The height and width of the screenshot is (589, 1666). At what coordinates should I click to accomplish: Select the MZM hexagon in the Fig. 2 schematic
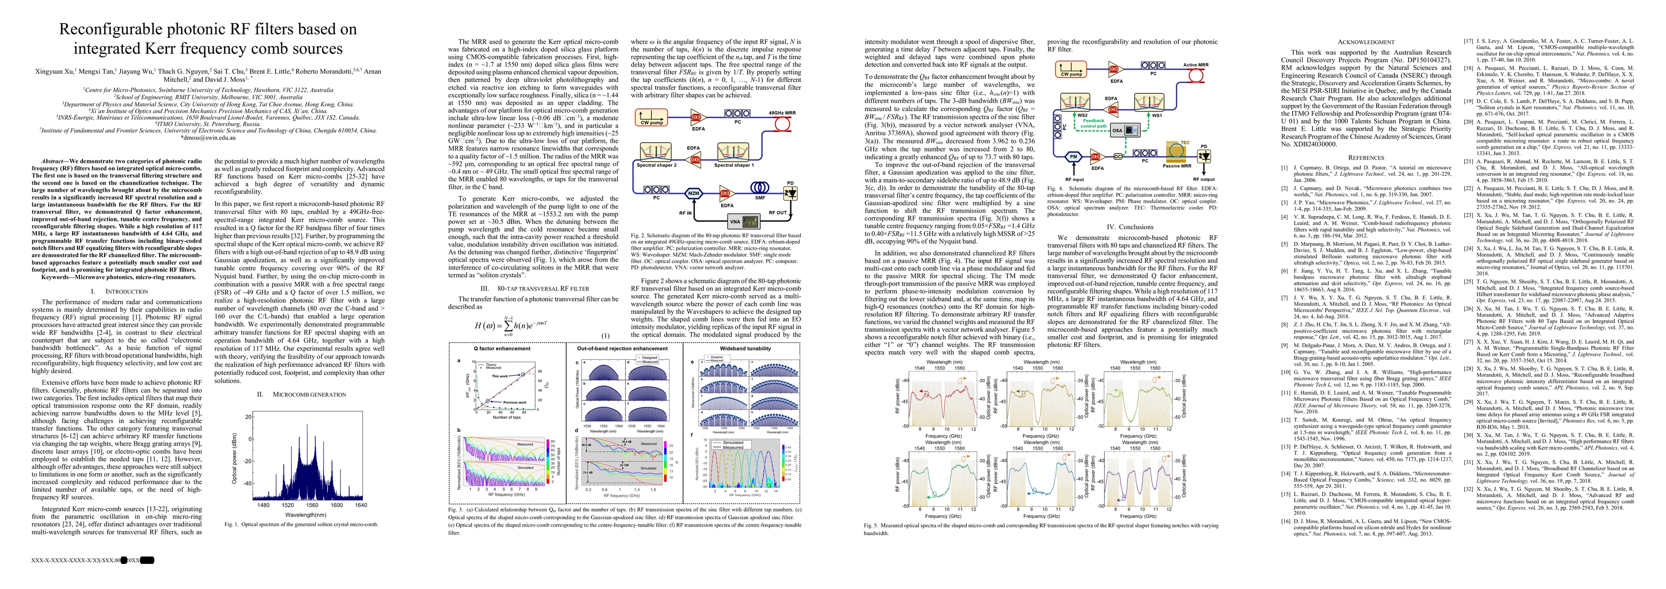click(x=694, y=193)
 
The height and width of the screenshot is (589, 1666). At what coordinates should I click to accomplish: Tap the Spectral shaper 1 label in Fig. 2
click(x=733, y=165)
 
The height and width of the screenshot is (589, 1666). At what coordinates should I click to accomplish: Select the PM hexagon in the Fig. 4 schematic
click(x=1074, y=157)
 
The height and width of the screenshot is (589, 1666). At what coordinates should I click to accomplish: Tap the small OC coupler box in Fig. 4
click(x=1117, y=157)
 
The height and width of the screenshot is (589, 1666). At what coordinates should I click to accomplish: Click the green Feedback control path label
click(x=1093, y=123)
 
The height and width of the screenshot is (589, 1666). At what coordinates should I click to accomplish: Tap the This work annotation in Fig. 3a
click(x=500, y=375)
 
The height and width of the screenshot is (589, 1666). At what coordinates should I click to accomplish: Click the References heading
click(x=1365, y=158)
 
